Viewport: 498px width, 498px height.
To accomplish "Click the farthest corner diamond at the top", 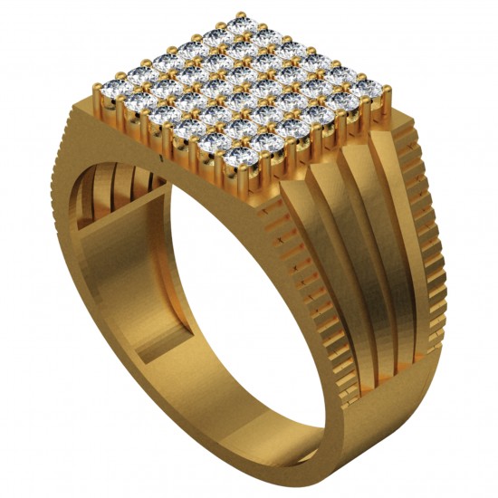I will click(239, 26).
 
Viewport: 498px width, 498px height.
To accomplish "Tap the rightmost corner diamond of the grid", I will click(369, 88).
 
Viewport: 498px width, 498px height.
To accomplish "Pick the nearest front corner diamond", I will click(239, 159).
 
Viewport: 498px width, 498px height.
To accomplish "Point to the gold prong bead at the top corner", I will click(240, 14).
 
